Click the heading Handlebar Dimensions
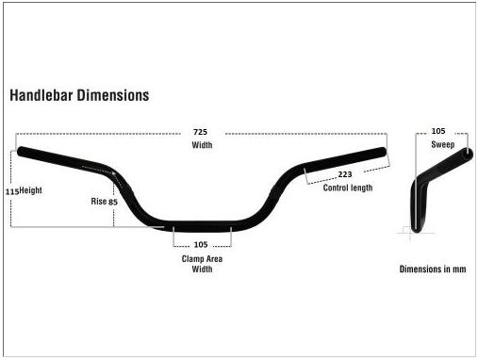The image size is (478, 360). tap(79, 95)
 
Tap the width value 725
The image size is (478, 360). tap(200, 132)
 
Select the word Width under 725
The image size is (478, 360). tap(202, 145)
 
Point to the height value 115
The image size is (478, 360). tap(12, 191)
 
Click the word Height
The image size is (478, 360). tap(31, 190)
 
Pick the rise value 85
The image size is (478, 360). tap(113, 202)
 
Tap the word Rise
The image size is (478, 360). tap(99, 201)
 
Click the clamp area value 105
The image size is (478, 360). tap(201, 244)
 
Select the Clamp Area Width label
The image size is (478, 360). tap(202, 264)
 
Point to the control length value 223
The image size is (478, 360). tap(345, 174)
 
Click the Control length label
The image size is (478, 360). tap(348, 188)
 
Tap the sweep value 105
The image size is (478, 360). tap(438, 131)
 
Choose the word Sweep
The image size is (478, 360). tap(443, 144)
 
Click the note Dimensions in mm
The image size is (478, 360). tap(433, 269)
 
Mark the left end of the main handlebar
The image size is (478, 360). tap(20, 152)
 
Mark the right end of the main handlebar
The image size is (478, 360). tap(384, 152)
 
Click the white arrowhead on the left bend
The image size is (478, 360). tap(113, 172)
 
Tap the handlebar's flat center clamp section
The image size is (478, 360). tap(202, 226)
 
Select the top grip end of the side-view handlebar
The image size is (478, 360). tap(468, 154)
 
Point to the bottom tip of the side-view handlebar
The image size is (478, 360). tap(417, 231)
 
